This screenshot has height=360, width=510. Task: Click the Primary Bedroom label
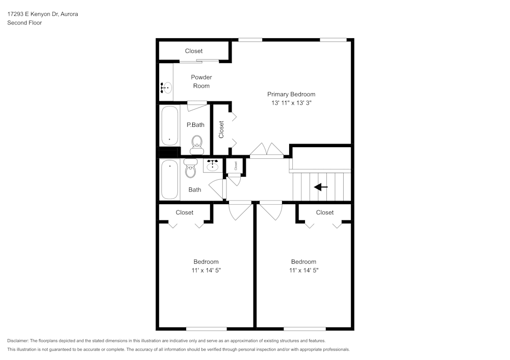(291, 94)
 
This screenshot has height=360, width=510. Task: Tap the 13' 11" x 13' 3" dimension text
(291, 103)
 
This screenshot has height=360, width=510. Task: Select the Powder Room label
(201, 81)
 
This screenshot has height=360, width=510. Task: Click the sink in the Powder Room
(166, 88)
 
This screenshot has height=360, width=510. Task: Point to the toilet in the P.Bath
(196, 145)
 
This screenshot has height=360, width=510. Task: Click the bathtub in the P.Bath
(169, 125)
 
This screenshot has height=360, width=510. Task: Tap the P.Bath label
(195, 125)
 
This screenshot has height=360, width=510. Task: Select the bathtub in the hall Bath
(169, 180)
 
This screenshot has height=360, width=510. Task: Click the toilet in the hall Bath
(190, 170)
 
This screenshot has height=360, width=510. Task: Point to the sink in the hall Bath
(213, 165)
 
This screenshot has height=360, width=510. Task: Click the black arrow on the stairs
(321, 187)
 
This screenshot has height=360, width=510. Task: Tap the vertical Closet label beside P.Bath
(221, 129)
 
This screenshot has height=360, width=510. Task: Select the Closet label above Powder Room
(194, 51)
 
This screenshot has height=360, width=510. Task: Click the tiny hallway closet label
(236, 165)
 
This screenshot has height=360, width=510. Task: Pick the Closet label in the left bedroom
(185, 212)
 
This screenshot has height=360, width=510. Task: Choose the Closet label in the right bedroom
(325, 212)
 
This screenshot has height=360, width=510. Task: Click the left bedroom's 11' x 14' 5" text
(206, 270)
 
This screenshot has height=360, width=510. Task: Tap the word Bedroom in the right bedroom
(303, 262)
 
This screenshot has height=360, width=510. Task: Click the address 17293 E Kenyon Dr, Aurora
(42, 14)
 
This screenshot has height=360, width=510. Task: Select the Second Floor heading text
(24, 23)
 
